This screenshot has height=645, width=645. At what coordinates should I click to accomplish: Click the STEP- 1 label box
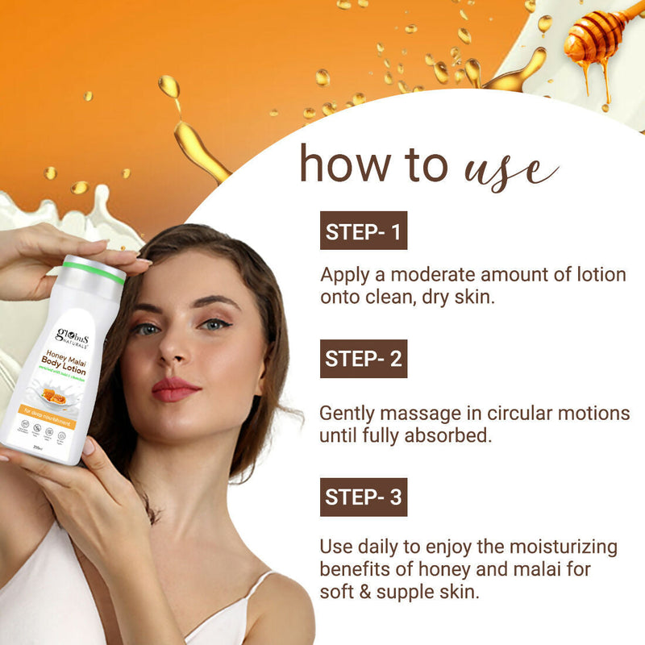tap(363, 232)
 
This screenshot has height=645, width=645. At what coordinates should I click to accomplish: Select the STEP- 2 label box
tap(363, 359)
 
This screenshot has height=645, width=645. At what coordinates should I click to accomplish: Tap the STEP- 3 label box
tap(363, 497)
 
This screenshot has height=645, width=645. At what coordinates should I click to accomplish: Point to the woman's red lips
tap(173, 389)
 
